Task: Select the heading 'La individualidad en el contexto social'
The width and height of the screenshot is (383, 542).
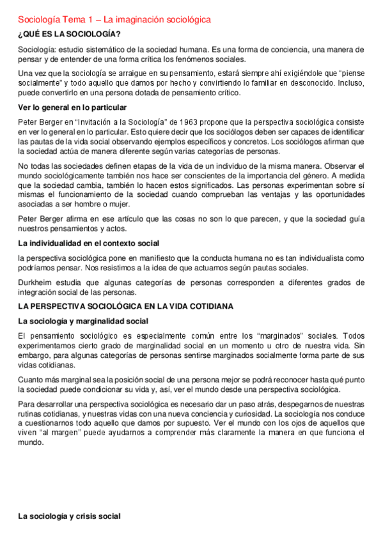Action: pyautogui.click(x=88, y=244)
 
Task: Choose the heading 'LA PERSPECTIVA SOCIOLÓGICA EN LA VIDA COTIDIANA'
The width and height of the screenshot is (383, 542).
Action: pyautogui.click(x=125, y=306)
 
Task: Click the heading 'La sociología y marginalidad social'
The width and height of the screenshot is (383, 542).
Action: pyautogui.click(x=82, y=320)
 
